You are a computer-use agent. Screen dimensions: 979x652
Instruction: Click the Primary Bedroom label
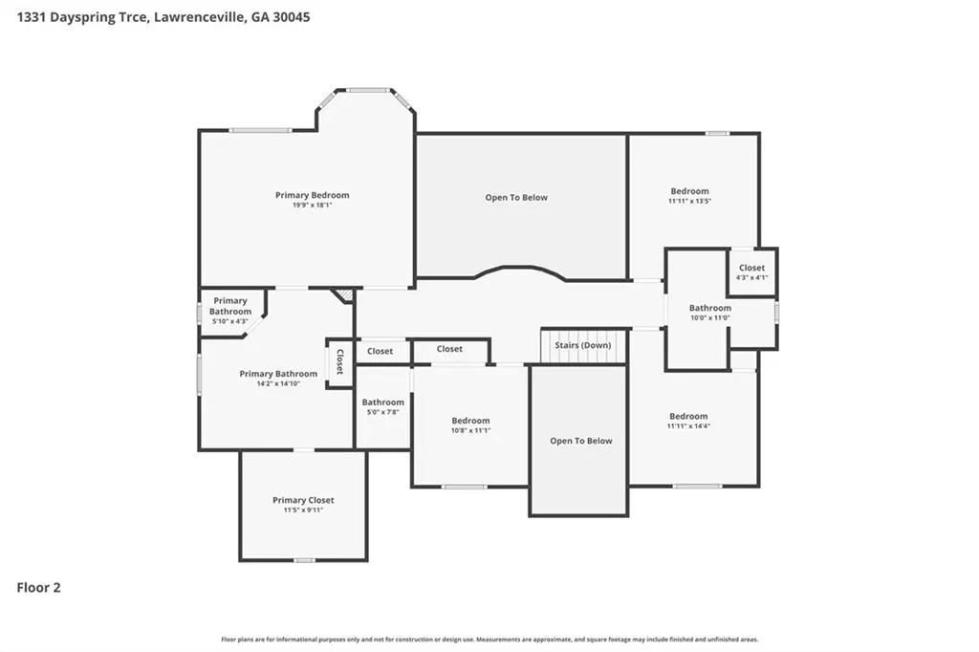pos(313,195)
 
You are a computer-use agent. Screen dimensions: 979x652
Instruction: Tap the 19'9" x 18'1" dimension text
pos(313,205)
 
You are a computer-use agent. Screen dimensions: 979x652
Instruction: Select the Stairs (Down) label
pos(583,345)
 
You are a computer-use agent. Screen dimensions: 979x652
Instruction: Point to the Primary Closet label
pos(303,500)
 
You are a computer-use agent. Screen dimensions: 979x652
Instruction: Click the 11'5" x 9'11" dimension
pos(303,510)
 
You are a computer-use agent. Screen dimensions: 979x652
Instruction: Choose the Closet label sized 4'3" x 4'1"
pos(751,268)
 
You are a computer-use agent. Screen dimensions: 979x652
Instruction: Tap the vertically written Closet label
pos(339,361)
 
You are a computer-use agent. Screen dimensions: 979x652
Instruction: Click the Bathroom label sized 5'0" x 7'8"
pos(382,402)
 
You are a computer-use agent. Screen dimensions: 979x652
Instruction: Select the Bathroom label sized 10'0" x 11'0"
pos(710,307)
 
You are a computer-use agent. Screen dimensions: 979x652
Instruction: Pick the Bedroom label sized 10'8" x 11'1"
pos(470,421)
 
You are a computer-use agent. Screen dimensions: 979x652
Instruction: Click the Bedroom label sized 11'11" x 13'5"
pos(690,191)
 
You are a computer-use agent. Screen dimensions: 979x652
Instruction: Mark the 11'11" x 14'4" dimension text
pos(688,426)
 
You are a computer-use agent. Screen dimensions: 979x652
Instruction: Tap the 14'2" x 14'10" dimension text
pos(278,383)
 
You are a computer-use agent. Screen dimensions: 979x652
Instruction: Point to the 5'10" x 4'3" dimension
pos(230,321)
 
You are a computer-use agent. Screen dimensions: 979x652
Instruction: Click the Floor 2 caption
pos(38,587)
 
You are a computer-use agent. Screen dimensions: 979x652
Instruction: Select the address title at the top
pos(163,17)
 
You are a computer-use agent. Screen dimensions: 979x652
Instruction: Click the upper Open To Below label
pos(516,197)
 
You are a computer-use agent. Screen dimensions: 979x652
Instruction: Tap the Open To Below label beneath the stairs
pos(581,441)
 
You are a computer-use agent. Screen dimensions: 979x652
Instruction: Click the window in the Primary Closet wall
pos(304,560)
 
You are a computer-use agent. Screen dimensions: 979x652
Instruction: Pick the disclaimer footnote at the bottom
pos(489,639)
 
